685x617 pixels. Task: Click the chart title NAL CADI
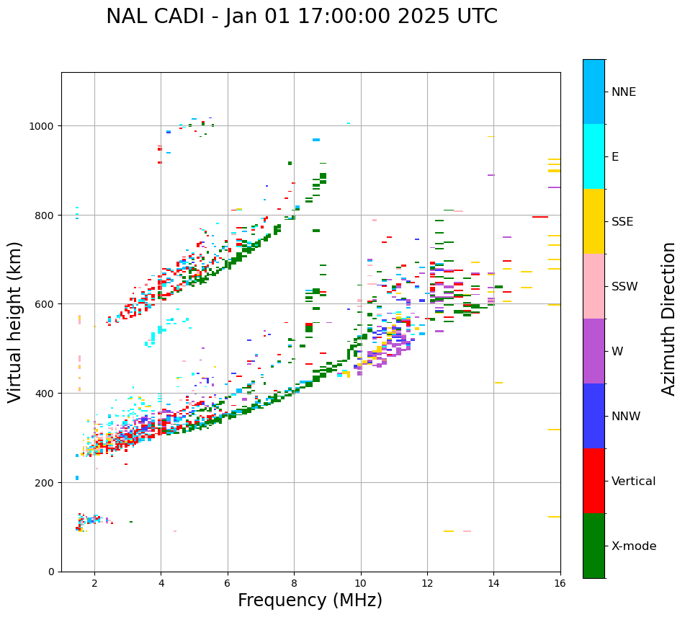[302, 17]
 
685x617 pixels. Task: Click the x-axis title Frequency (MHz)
[310, 600]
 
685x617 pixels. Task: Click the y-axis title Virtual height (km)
[15, 322]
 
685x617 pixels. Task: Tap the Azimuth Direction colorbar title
[669, 319]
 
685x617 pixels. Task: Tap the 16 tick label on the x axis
[560, 583]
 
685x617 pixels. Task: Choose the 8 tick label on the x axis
[294, 583]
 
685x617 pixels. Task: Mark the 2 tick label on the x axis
[94, 583]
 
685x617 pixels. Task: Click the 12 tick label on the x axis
[427, 583]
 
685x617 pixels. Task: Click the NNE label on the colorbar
[624, 92]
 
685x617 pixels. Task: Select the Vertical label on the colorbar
[634, 481]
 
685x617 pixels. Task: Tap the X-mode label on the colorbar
[634, 546]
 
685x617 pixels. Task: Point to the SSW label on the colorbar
[624, 287]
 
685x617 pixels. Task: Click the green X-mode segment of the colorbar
[594, 546]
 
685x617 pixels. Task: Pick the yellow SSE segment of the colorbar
[594, 221]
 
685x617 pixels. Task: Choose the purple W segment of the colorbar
[594, 351]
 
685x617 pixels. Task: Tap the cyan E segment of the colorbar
[594, 156]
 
